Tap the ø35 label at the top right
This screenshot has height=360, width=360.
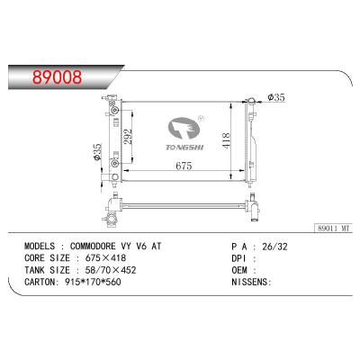(x=275, y=95)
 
